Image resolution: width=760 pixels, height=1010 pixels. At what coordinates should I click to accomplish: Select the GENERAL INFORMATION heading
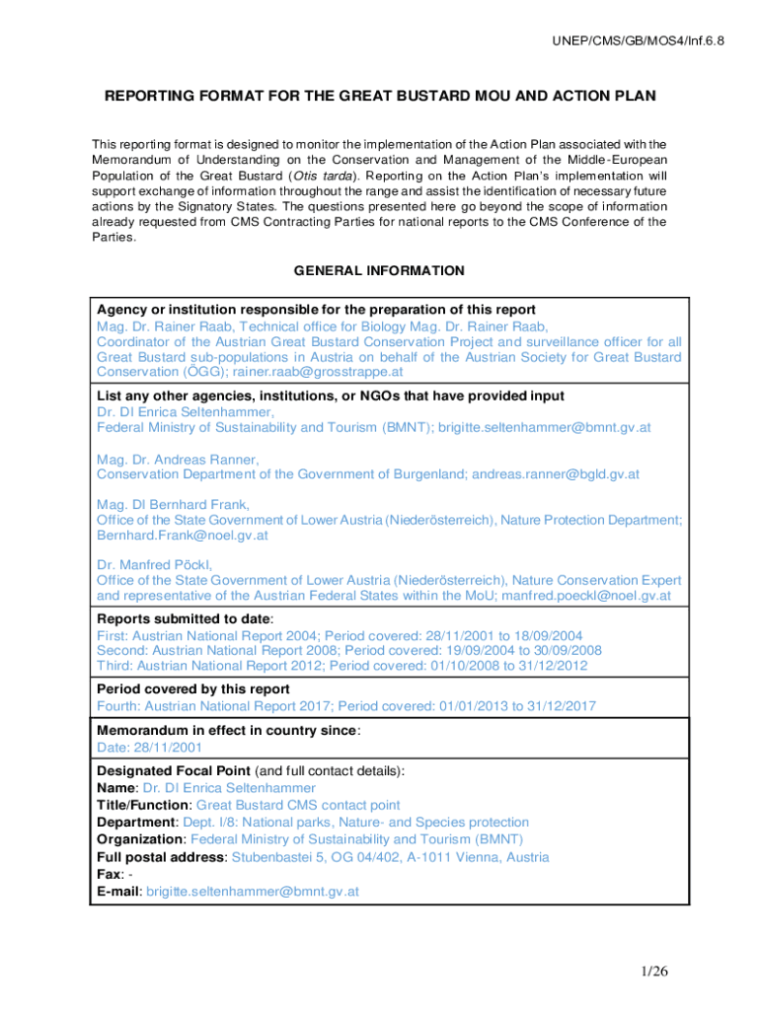[x=379, y=270]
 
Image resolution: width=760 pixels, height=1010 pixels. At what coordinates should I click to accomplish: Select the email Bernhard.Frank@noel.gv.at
[x=182, y=536]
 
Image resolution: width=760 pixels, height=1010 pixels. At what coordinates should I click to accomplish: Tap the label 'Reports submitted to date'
[x=183, y=619]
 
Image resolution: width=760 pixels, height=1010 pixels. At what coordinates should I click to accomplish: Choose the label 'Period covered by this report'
[x=193, y=689]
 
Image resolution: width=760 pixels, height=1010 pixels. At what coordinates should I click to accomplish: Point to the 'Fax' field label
[x=108, y=874]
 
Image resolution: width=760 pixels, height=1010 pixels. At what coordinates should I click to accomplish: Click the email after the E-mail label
[x=252, y=891]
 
